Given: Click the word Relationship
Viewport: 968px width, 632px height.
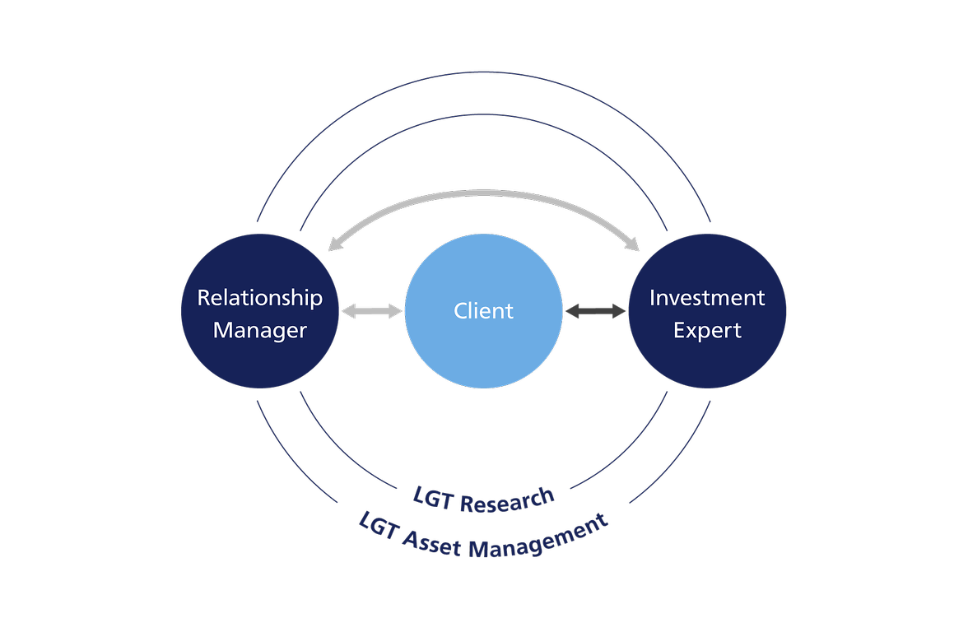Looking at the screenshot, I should (259, 298).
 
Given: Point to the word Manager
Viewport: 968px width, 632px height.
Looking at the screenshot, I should (259, 331).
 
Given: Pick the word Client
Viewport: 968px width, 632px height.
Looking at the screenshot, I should (484, 311).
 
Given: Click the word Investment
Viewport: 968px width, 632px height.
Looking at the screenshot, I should (707, 298).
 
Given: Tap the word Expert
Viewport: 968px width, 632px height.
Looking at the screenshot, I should (707, 331).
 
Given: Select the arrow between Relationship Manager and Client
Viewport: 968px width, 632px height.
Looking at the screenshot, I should (371, 310).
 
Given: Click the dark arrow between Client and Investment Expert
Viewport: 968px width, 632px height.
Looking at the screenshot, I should (595, 310).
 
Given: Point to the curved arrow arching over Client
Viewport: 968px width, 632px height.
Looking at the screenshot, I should (484, 194).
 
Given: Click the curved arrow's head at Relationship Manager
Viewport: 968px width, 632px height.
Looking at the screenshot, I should (333, 244).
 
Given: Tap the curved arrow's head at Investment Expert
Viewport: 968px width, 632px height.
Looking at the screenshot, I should (633, 244).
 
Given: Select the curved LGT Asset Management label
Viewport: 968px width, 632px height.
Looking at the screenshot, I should (484, 539).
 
